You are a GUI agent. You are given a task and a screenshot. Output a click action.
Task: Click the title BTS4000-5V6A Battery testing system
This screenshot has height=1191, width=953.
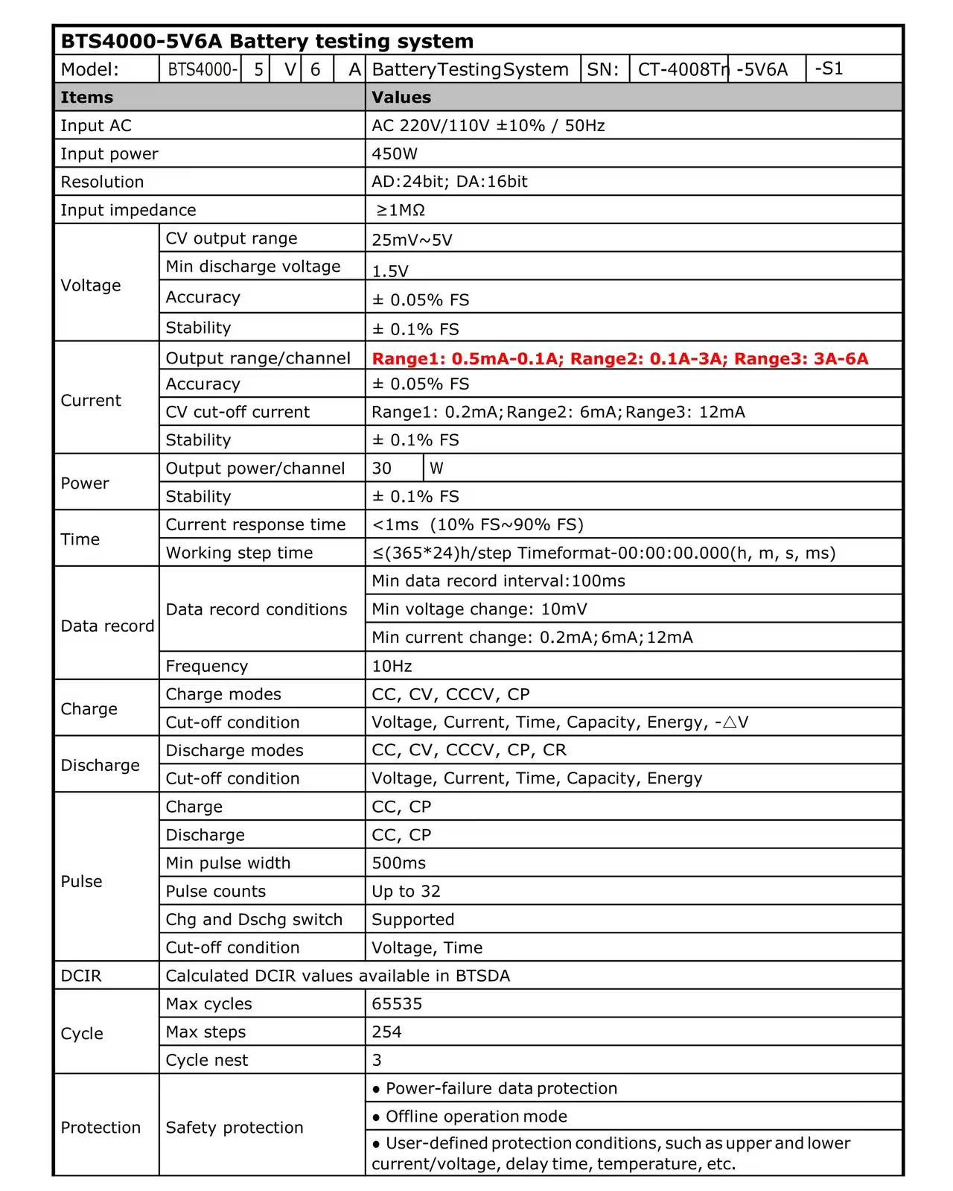267,41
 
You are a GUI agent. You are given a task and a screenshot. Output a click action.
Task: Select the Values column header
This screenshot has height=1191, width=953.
401,98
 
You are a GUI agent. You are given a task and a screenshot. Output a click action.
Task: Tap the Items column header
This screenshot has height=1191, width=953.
86,98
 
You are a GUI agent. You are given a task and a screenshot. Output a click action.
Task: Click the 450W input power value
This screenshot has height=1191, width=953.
395,154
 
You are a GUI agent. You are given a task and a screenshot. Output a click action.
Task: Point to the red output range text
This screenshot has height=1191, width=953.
619,358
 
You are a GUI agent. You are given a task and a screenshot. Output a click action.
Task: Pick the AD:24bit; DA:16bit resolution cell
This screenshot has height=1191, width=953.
449,182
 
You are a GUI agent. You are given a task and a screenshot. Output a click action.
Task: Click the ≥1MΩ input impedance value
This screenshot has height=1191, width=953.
401,211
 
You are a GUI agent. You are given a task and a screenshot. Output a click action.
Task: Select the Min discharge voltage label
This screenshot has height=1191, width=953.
252,267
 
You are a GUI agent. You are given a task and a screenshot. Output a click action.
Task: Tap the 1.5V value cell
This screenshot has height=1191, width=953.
390,270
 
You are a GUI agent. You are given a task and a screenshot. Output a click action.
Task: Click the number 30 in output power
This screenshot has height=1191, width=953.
382,469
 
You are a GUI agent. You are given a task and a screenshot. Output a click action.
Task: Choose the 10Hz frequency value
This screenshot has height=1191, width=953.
392,666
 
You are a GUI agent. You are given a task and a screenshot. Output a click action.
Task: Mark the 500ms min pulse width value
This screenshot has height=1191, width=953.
398,863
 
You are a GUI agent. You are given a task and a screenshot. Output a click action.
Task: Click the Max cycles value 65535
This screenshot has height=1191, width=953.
397,1004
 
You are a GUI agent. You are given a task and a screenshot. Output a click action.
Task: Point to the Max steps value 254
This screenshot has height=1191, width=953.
386,1032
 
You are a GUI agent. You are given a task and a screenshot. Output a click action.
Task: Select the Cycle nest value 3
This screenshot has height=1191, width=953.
377,1061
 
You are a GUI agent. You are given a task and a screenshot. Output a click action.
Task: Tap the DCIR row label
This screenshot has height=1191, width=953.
80,976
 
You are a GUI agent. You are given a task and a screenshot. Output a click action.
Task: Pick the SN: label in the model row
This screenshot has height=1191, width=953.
603,70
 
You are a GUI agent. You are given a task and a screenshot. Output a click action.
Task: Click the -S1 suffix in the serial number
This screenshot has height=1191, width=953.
829,69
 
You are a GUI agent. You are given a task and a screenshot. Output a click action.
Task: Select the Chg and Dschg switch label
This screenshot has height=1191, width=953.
254,920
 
